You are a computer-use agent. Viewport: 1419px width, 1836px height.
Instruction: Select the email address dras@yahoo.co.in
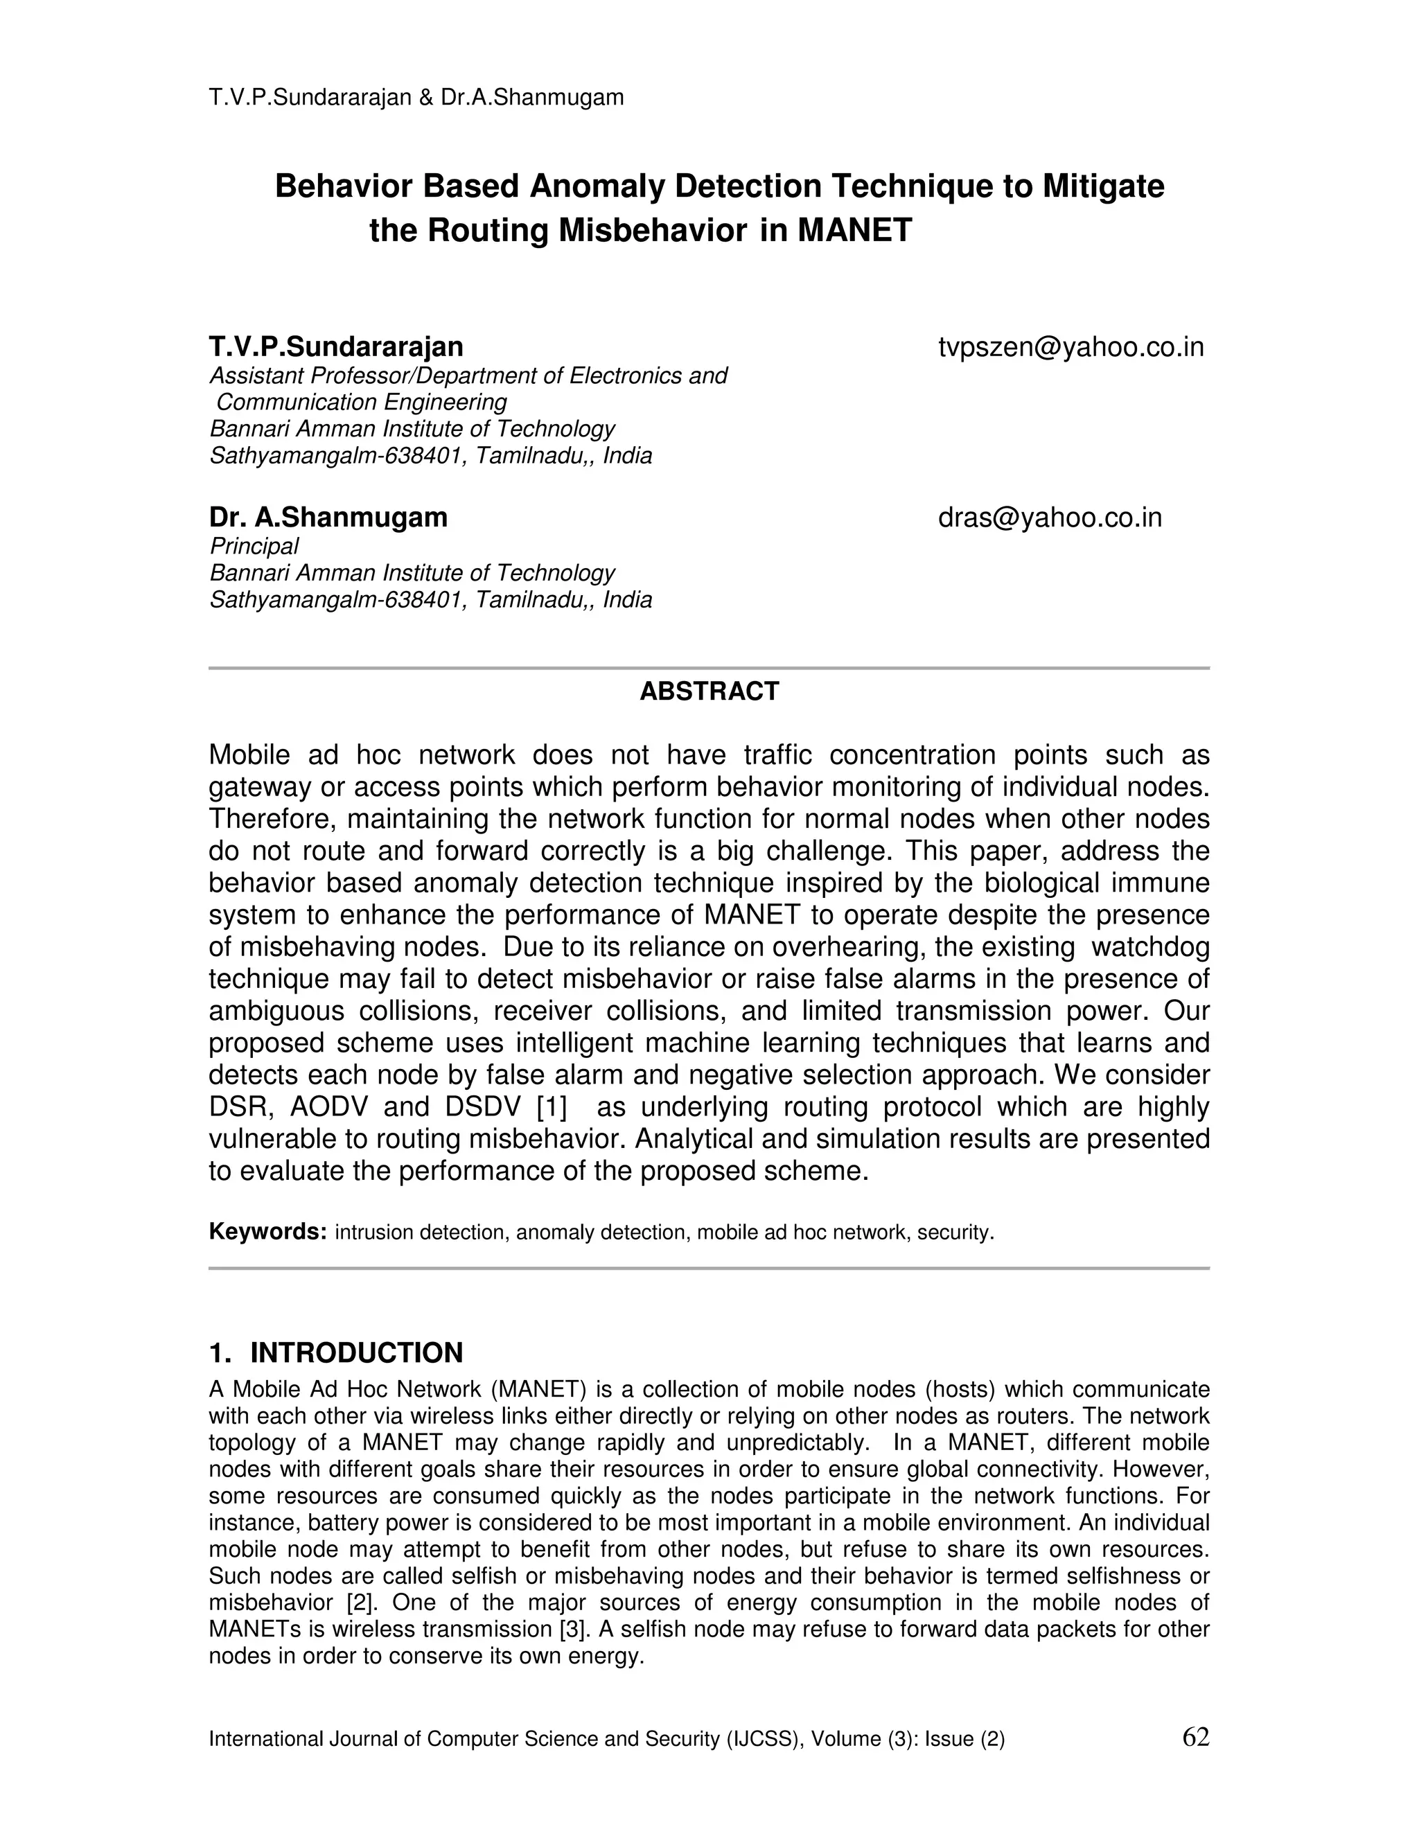1049,518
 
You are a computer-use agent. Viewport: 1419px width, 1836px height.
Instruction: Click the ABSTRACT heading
709,691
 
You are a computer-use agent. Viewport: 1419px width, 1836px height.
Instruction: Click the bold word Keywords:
267,1232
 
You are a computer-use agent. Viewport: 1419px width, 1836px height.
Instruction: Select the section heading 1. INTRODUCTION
335,1352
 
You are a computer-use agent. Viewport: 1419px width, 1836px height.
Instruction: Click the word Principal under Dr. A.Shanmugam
254,547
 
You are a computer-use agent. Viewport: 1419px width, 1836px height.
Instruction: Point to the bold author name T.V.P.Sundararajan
335,347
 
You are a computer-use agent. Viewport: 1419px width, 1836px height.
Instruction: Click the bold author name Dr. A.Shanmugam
328,518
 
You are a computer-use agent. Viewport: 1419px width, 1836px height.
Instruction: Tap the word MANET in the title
854,230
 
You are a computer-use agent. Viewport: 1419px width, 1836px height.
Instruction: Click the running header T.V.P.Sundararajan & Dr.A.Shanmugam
416,98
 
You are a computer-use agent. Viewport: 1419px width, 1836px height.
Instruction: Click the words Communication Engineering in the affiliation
362,402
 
